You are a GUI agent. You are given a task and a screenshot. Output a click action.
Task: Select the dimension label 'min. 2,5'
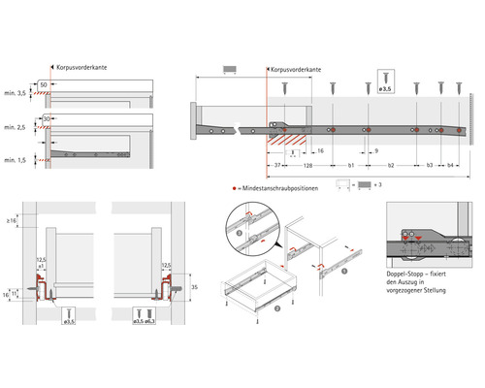pos(16,128)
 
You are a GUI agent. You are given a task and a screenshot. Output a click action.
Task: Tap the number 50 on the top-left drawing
pos(45,86)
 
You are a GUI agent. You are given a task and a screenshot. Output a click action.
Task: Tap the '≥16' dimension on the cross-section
pos(12,223)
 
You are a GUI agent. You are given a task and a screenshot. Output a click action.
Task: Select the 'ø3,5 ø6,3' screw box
pos(145,313)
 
